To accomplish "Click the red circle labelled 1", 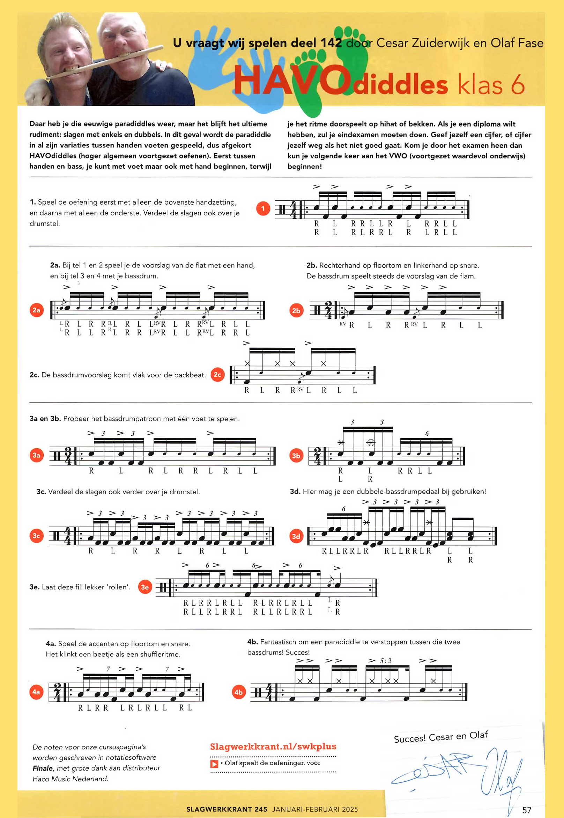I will pos(263,208).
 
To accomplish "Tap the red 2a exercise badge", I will pos(36,310).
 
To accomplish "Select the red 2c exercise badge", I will pos(217,375).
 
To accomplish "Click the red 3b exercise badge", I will pos(296,456).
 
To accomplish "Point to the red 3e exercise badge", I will pos(145,587).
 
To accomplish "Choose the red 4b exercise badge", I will pos(238,692).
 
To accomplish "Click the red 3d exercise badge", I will pos(296,536).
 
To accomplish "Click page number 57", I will pos(527,810).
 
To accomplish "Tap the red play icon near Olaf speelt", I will pos(214,764).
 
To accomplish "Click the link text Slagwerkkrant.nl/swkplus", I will pos(273,746).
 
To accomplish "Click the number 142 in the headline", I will pos(331,43).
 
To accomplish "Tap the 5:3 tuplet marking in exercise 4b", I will pos(386,661).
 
